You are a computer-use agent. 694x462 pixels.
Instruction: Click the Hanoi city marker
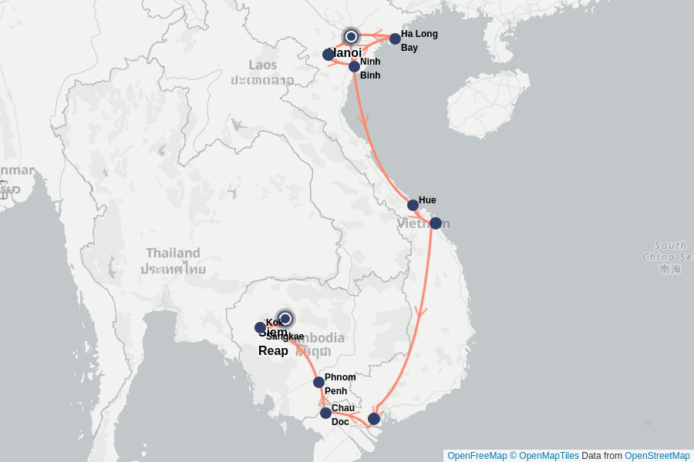351,36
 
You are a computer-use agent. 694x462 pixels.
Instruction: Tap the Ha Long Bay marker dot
395,38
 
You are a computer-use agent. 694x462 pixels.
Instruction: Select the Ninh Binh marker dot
354,66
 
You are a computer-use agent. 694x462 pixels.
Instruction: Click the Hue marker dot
413,205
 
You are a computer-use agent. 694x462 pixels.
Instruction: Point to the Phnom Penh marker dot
318,382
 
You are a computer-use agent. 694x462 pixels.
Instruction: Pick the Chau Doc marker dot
325,413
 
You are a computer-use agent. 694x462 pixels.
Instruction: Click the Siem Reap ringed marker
285,318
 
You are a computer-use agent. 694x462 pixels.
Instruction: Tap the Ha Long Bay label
419,41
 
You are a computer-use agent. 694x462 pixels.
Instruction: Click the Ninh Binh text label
370,69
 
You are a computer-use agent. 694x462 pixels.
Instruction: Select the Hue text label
427,200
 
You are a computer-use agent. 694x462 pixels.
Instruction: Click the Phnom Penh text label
340,384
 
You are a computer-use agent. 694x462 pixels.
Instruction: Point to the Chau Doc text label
342,415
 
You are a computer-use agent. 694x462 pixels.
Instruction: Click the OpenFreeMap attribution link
477,456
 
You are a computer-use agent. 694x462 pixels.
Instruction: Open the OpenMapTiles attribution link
548,456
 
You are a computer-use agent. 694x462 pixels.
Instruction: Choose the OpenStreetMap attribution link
657,456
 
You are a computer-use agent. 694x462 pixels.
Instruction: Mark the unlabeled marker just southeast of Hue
435,223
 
